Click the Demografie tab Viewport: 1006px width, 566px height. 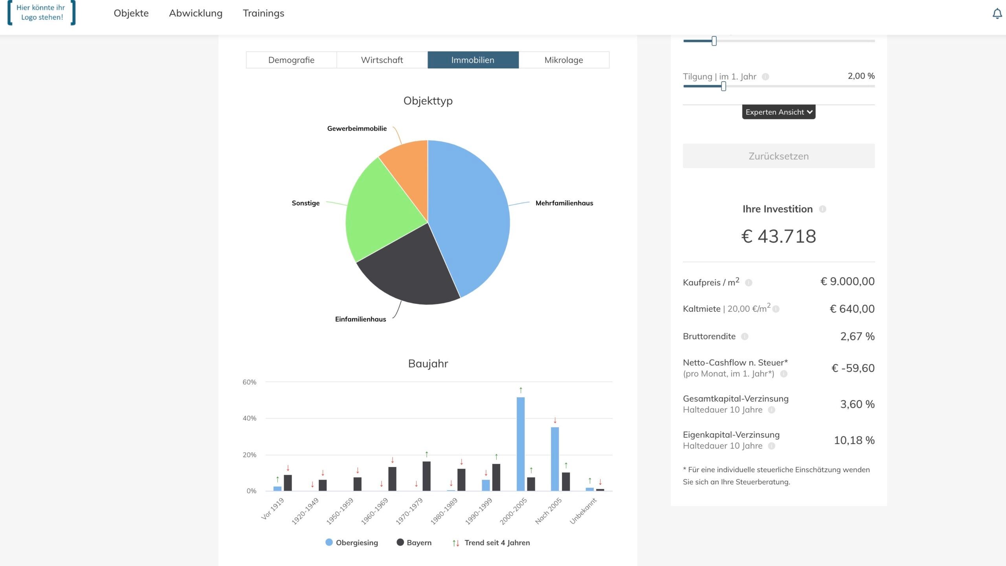click(291, 60)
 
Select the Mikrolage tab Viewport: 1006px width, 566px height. click(564, 60)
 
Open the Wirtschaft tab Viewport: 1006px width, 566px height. click(382, 60)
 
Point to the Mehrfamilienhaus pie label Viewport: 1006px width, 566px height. click(564, 203)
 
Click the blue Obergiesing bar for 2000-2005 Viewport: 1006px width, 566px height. click(520, 444)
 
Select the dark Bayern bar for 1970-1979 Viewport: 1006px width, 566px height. click(426, 476)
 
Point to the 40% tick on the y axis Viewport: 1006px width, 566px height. click(250, 419)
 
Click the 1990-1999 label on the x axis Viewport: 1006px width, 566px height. click(479, 511)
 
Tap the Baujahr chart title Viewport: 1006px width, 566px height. click(428, 364)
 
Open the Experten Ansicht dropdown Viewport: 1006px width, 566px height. click(778, 112)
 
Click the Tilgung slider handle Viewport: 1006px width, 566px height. click(723, 86)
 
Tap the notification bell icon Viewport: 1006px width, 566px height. click(997, 14)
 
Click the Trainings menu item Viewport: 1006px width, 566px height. click(263, 13)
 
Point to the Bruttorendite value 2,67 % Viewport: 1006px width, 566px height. click(857, 336)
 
